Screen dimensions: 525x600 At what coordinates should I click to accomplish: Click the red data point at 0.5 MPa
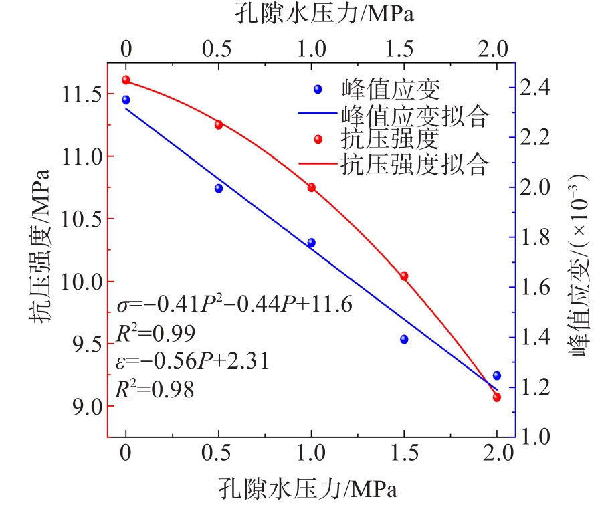point(219,124)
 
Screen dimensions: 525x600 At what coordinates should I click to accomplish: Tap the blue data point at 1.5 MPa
point(404,339)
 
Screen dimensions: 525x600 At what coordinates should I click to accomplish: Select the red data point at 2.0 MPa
point(496,397)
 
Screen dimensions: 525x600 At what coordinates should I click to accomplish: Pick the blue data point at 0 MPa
point(126,100)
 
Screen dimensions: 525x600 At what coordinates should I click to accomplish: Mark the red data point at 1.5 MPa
point(404,276)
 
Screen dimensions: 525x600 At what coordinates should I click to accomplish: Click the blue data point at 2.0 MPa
point(496,375)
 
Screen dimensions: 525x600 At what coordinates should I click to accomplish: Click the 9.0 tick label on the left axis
point(83,406)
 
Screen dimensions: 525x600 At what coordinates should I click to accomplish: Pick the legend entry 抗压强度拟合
point(414,164)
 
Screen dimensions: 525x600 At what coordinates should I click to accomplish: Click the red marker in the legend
point(318,139)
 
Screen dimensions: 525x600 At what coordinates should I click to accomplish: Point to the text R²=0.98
point(155,388)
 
